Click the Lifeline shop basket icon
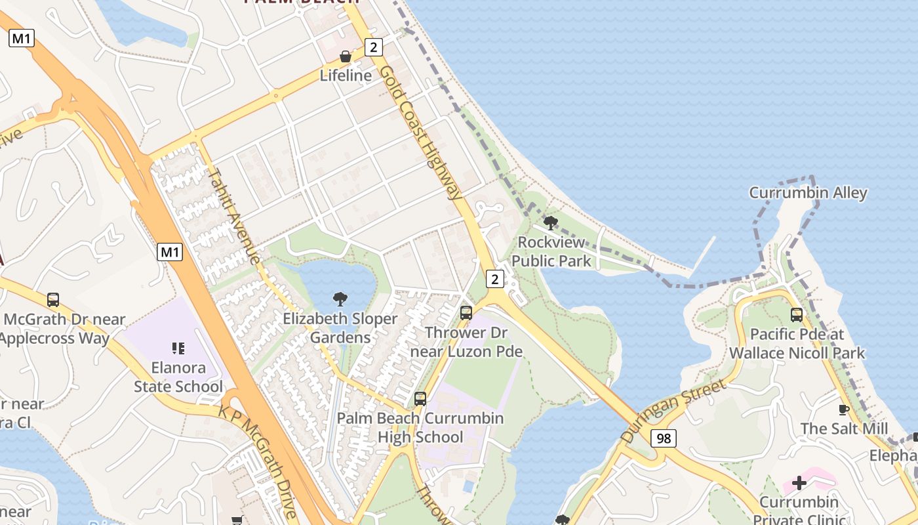pyautogui.click(x=346, y=57)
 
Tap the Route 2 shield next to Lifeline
pyautogui.click(x=374, y=47)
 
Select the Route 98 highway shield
pyautogui.click(x=664, y=438)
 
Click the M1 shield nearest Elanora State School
pyautogui.click(x=169, y=251)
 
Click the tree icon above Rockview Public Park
pyautogui.click(x=551, y=223)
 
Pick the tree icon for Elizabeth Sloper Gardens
pyautogui.click(x=340, y=299)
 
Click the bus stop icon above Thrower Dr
pyautogui.click(x=466, y=313)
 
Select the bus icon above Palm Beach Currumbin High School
pyautogui.click(x=420, y=398)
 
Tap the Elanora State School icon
pyautogui.click(x=178, y=348)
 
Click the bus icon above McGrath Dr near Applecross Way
pyautogui.click(x=53, y=300)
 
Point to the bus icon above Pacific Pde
pyautogui.click(x=797, y=315)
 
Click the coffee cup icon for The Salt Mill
pyautogui.click(x=844, y=409)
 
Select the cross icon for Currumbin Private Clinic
pyautogui.click(x=799, y=484)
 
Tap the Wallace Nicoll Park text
pyautogui.click(x=797, y=353)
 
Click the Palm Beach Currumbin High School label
pyautogui.click(x=420, y=427)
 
